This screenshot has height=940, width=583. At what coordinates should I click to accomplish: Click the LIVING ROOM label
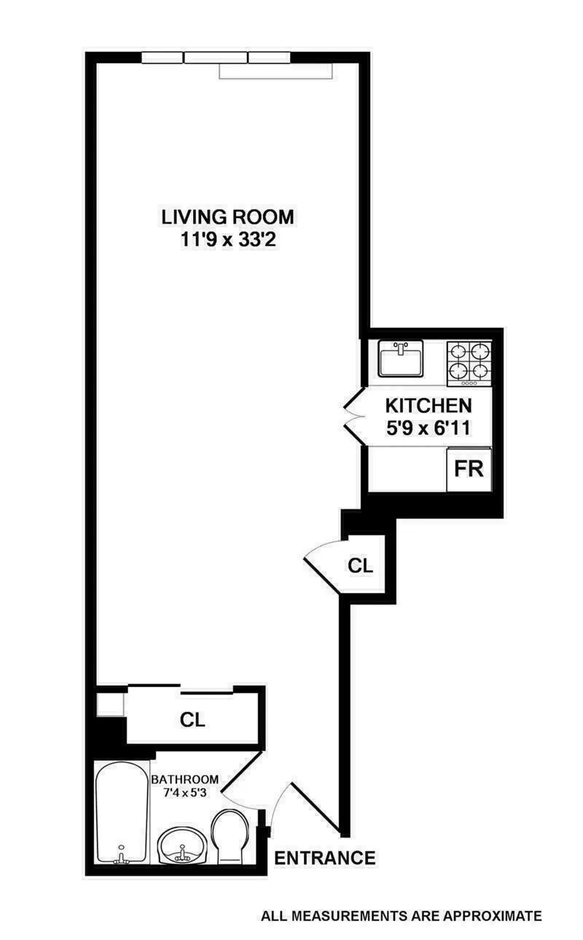pos(227,216)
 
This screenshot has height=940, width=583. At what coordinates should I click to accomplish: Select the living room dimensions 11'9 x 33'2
pos(227,240)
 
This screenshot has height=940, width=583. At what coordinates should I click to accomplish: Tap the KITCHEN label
pos(428,405)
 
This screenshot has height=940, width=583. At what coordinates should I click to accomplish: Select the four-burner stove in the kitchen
pos(469,362)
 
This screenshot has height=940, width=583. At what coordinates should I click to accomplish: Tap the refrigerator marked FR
pos(469,468)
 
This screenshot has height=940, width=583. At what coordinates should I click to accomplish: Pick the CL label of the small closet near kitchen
pos(361,565)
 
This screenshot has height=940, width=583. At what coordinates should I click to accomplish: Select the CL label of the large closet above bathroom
pos(193,720)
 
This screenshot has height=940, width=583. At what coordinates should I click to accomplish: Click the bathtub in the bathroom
pos(121,812)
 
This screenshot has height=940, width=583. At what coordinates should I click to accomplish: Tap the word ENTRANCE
pos(324,858)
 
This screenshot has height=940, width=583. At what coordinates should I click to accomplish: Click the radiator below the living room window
pos(277,71)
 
